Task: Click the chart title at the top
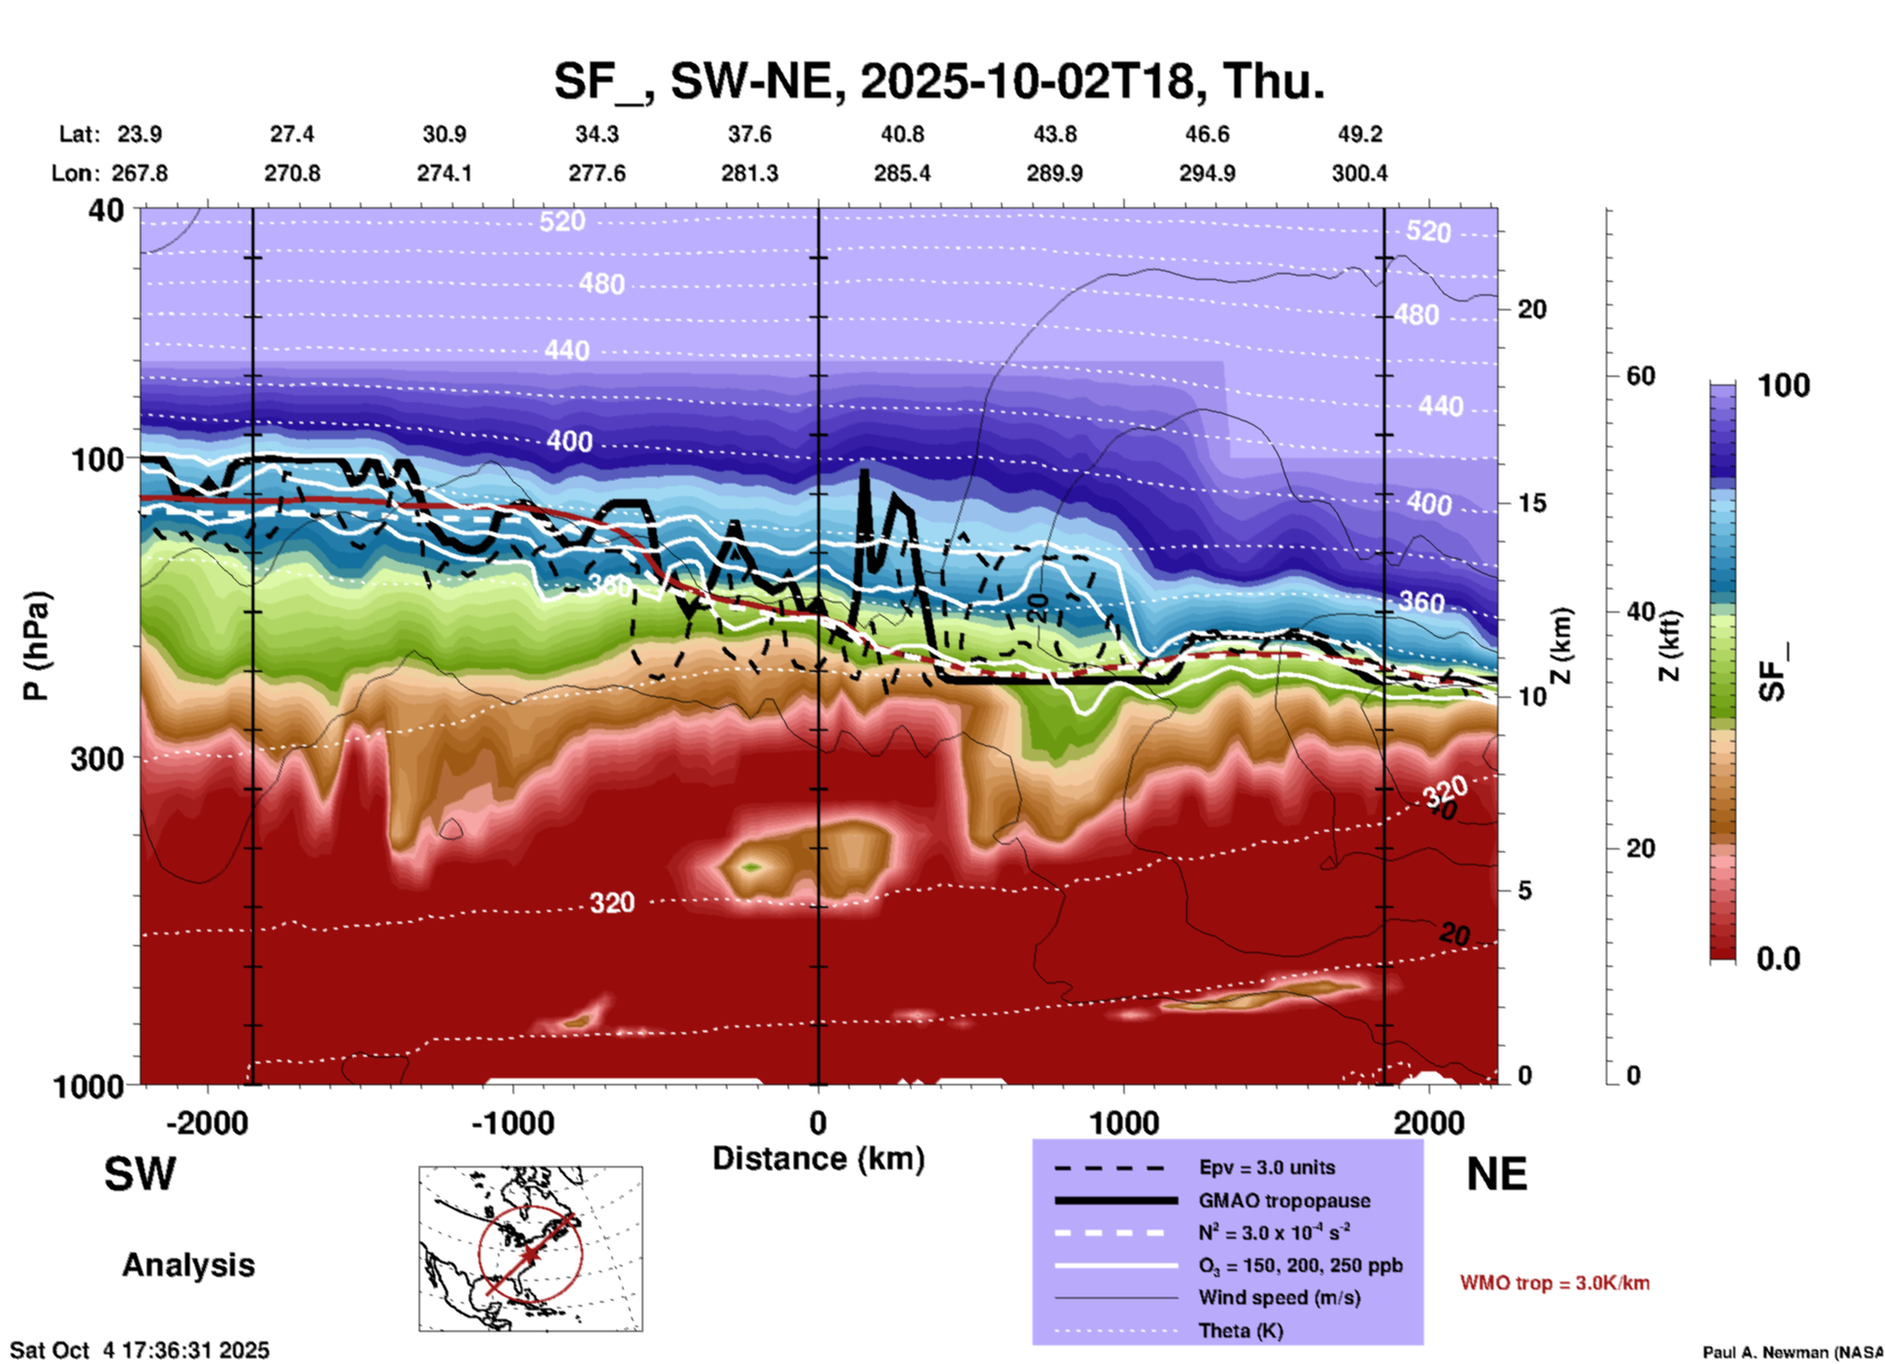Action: click(x=939, y=81)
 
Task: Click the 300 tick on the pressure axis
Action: click(x=97, y=758)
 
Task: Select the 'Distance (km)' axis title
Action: click(x=818, y=1159)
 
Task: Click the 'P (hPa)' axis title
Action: click(x=36, y=646)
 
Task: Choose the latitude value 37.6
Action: click(x=750, y=134)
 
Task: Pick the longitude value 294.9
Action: click(x=1207, y=173)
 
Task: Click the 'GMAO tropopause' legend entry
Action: click(x=1284, y=1201)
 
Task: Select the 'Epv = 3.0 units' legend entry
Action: click(x=1266, y=1167)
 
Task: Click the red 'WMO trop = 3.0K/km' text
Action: click(x=1554, y=1283)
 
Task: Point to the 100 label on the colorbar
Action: click(x=1783, y=386)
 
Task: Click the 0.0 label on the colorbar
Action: click(x=1778, y=958)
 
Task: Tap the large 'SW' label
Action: click(x=140, y=1174)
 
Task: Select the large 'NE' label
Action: click(x=1496, y=1174)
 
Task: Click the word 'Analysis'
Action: click(x=188, y=1265)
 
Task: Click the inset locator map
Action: click(x=530, y=1249)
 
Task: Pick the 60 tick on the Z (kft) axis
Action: click(x=1639, y=376)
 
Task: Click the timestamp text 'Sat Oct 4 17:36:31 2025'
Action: click(x=139, y=1350)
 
